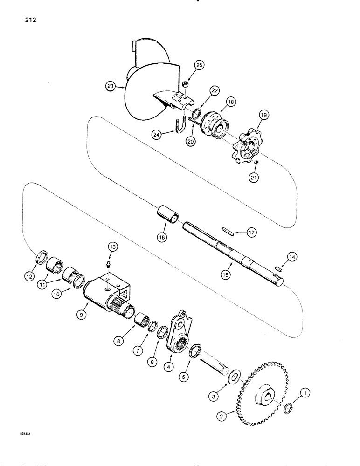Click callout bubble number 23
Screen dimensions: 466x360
click(x=111, y=86)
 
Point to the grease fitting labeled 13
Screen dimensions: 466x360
click(x=109, y=265)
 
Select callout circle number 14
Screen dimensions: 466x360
click(x=292, y=257)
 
